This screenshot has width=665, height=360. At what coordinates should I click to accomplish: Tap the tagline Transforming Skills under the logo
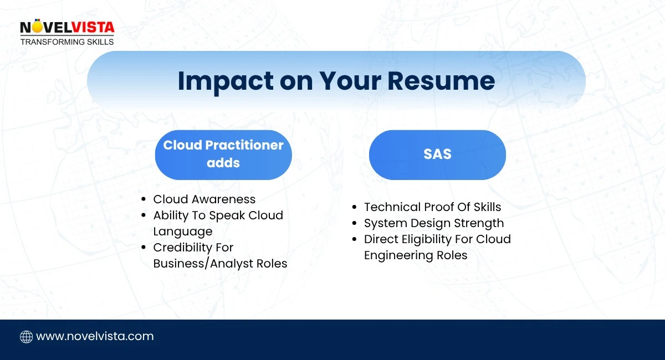click(x=66, y=42)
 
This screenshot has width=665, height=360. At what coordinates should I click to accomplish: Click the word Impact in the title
click(x=225, y=81)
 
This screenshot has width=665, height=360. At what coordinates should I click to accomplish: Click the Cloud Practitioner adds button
click(x=223, y=155)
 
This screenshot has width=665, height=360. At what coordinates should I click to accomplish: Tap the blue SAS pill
click(x=437, y=155)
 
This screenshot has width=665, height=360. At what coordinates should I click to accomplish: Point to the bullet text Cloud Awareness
click(x=204, y=199)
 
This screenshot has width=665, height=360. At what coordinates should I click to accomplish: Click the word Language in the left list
click(x=182, y=232)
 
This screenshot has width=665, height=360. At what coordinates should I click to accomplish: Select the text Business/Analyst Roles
click(x=220, y=264)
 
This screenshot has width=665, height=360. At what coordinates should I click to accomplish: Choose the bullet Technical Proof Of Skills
click(x=432, y=207)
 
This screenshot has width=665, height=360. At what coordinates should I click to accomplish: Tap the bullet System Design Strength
click(x=433, y=223)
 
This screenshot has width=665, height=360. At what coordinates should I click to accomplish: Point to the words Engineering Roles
click(x=415, y=255)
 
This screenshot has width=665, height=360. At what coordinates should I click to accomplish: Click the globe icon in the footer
click(x=26, y=337)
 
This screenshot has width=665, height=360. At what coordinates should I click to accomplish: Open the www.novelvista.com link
click(x=95, y=336)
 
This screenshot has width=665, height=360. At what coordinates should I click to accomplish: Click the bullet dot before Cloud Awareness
click(x=144, y=200)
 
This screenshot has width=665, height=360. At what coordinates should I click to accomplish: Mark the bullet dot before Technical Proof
click(x=354, y=208)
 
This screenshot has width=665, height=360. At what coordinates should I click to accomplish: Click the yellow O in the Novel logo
click(x=36, y=27)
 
